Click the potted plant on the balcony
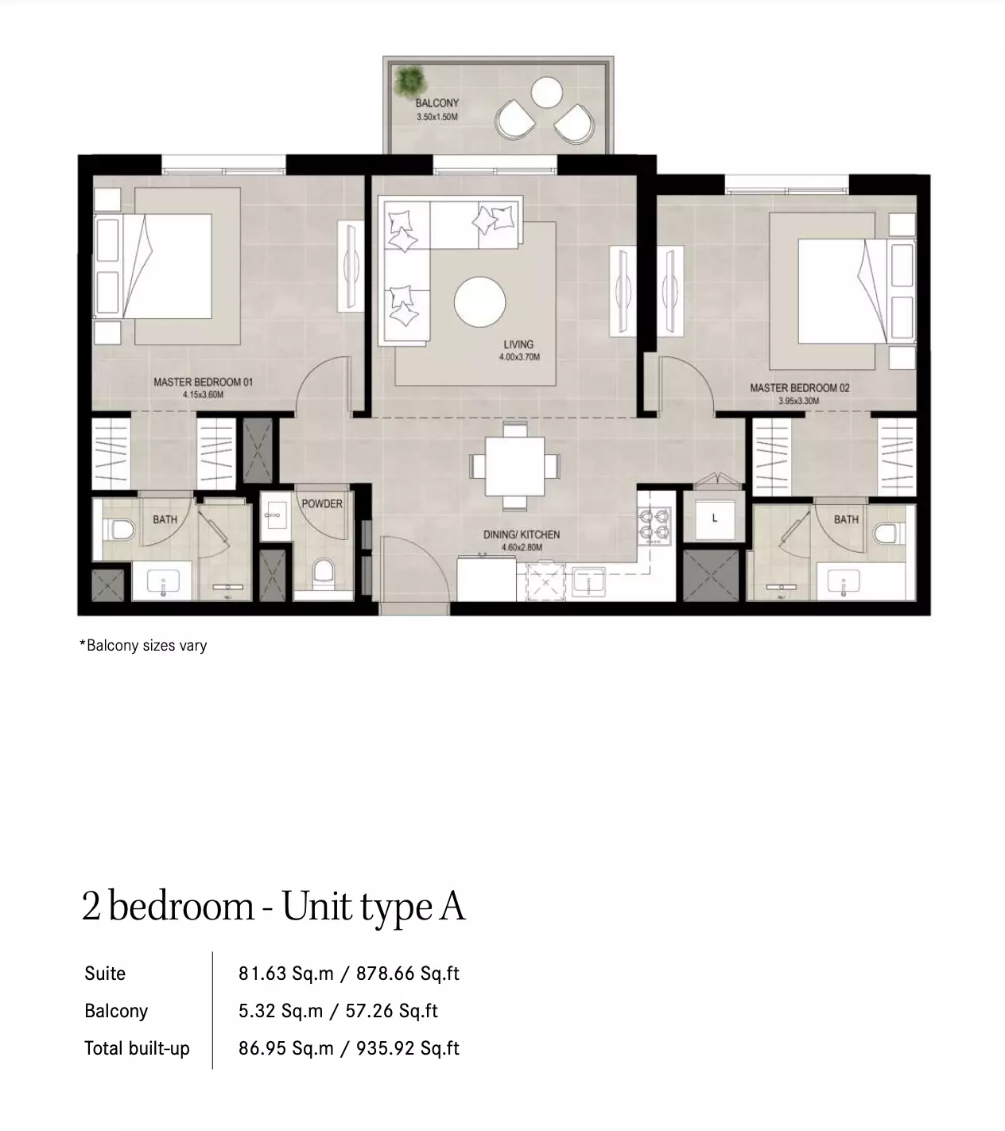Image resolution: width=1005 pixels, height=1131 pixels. coord(409,81)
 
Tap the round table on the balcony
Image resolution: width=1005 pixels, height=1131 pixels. coord(546,92)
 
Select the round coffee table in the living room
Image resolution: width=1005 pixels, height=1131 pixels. coord(480,302)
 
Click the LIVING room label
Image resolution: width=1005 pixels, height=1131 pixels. coord(518,344)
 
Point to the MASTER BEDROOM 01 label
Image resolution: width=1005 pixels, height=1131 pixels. coord(203,383)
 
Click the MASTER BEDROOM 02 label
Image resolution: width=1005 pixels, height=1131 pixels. coord(800,388)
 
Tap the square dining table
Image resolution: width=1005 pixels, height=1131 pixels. coord(514,467)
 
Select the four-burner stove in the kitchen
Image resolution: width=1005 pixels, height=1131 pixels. coord(655,526)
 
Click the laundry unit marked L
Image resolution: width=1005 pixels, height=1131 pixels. coord(715,519)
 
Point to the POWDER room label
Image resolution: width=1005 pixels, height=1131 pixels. coord(322,503)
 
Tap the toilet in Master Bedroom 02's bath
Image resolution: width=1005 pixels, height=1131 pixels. coord(884,534)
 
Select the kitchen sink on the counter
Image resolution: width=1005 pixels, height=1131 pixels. coord(588,581)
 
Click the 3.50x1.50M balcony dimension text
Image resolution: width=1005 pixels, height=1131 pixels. coord(437,117)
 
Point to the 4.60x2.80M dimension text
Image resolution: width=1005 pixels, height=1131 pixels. coord(522,548)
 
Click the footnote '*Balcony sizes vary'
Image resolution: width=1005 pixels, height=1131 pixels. coord(143,646)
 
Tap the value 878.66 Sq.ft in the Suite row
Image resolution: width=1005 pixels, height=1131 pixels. coord(408,974)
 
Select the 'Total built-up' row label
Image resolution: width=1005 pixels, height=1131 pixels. coord(138,1048)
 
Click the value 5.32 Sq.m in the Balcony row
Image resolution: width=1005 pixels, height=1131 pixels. coord(281,1011)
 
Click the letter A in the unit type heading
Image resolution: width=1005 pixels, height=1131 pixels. coord(452,906)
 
